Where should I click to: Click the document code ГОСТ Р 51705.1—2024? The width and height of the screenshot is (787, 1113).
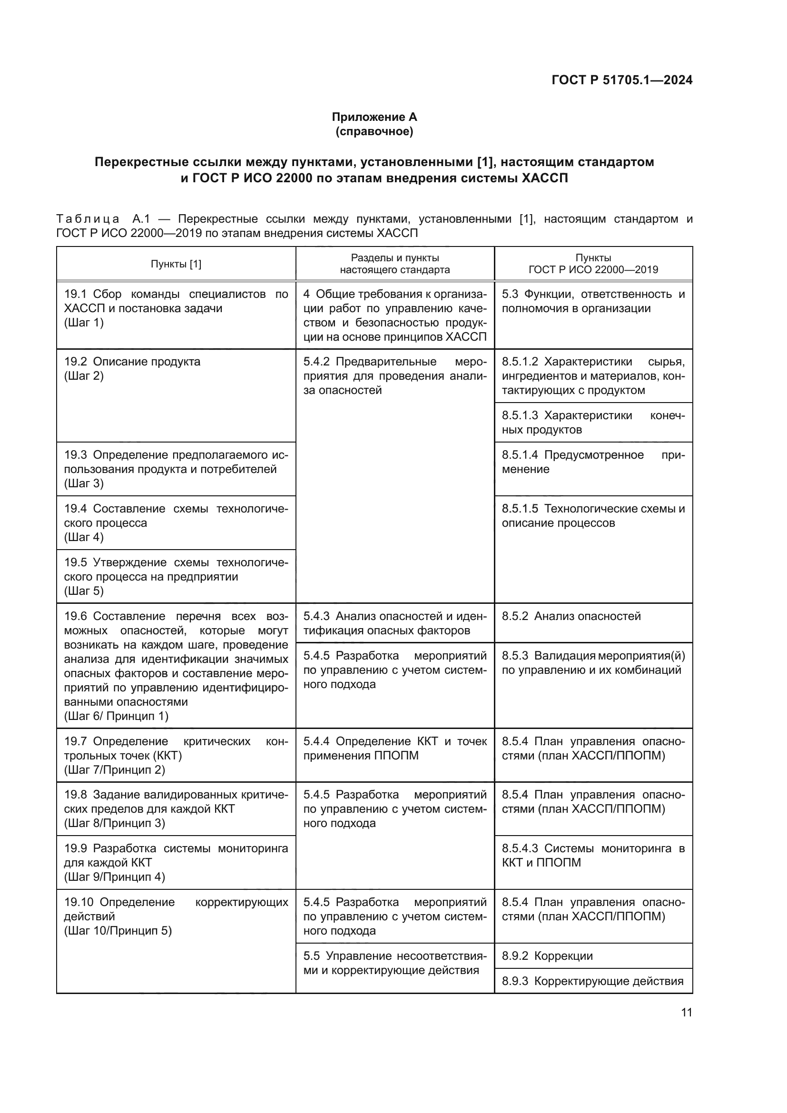(622, 80)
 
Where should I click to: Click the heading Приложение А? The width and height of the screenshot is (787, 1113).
(374, 117)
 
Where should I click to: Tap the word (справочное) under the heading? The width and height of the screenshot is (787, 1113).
(374, 131)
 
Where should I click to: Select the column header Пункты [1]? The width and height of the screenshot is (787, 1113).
(176, 264)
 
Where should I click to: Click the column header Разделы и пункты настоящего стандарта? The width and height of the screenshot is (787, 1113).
(394, 264)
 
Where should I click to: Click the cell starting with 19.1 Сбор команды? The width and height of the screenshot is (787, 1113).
(176, 308)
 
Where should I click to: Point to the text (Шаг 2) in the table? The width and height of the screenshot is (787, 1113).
(84, 376)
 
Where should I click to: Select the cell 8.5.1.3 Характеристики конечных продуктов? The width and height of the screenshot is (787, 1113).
(593, 422)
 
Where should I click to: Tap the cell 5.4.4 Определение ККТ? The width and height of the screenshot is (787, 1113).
(394, 749)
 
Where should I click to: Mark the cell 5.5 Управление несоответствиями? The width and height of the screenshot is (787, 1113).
(394, 963)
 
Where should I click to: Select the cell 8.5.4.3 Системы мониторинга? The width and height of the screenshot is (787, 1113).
(593, 855)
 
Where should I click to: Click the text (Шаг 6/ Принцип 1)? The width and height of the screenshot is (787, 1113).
(116, 716)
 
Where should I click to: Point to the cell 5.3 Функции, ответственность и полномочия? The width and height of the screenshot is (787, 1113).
(593, 301)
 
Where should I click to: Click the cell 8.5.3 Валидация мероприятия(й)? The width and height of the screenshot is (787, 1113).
(593, 663)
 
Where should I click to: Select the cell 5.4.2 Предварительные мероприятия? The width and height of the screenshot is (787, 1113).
(394, 376)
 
